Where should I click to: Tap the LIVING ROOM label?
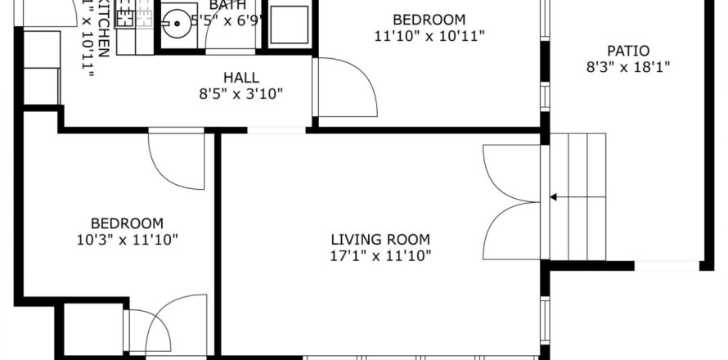point(380,240)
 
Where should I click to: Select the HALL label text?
point(240,78)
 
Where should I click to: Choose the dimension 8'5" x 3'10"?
point(241,94)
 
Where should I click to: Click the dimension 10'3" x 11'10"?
point(127,240)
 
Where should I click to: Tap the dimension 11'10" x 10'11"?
point(429,36)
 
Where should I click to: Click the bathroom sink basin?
point(173,25)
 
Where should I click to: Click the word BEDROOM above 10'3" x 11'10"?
point(127,223)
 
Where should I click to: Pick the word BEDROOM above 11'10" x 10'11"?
point(429,20)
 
